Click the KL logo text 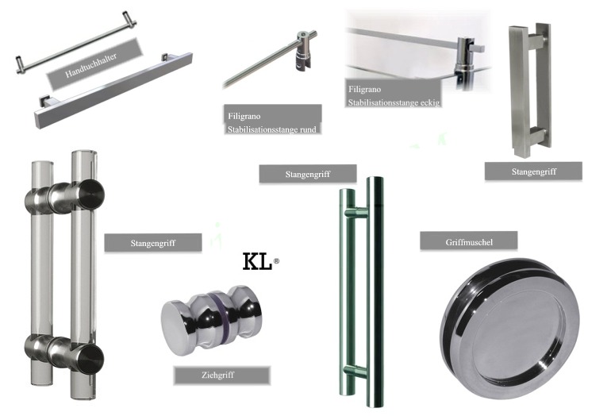[257, 262]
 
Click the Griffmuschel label [469, 242]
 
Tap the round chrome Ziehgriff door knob [210, 320]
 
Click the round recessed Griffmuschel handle [509, 329]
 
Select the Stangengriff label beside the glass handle [152, 243]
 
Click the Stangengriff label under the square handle [533, 171]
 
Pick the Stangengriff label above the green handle [308, 174]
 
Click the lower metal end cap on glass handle [91, 360]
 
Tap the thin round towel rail [76, 42]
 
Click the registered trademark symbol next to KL [276, 261]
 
